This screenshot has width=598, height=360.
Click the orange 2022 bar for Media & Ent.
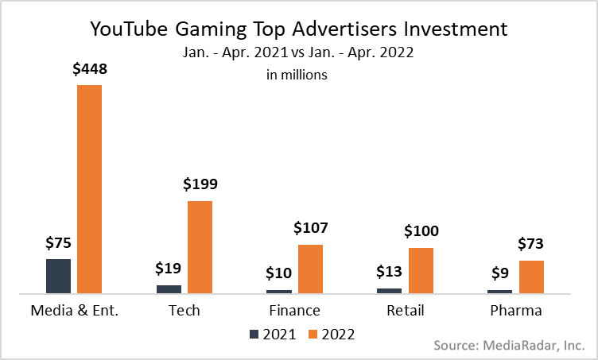[90, 189]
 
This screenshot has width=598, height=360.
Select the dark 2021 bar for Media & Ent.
[58, 277]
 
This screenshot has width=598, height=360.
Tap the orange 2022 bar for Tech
[200, 247]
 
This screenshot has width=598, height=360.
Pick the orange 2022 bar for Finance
[310, 269]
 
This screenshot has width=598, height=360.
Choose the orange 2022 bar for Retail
[421, 271]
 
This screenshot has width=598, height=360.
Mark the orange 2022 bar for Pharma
[531, 277]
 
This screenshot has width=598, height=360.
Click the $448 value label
[90, 69]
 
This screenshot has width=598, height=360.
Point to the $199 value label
[200, 185]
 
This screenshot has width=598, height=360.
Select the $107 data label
[310, 229]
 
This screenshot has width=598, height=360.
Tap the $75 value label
[58, 243]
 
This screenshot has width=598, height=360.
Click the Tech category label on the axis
[184, 310]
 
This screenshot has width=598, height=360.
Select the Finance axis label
[294, 310]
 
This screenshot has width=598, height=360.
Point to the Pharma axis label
[515, 310]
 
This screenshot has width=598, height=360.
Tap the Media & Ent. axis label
[74, 310]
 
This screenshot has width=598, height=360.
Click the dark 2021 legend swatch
[254, 335]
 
